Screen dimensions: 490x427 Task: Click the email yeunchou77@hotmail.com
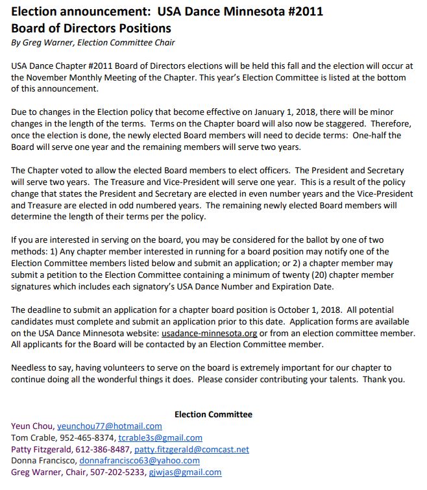109,426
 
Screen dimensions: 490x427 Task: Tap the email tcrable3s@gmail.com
160,437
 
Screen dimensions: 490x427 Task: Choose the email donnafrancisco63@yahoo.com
140,461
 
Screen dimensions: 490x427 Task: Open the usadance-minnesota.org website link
210,333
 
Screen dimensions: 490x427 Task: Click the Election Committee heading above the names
213,414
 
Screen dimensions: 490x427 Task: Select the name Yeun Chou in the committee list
32,426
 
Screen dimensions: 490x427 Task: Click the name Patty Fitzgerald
40,449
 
